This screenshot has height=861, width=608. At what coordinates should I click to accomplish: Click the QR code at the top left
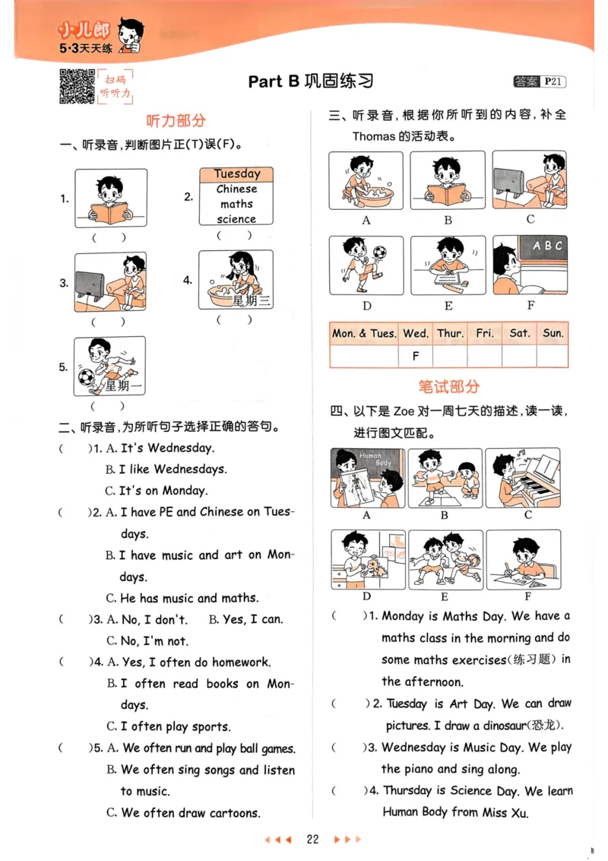click(x=76, y=85)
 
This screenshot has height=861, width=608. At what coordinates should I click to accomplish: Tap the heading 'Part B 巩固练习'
click(x=311, y=81)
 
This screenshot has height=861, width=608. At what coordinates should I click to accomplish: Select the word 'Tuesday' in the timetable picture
click(x=236, y=174)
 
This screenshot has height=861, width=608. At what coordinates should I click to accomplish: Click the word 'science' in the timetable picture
click(x=236, y=219)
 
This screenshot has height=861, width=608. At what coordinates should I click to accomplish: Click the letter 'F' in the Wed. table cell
click(x=416, y=355)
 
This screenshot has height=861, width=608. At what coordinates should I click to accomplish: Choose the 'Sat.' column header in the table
click(x=520, y=333)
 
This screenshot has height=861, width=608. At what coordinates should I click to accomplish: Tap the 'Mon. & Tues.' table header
click(x=364, y=333)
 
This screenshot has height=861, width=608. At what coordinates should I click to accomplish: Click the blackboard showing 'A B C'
click(x=547, y=246)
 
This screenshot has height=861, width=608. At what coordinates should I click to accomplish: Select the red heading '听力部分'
click(x=176, y=121)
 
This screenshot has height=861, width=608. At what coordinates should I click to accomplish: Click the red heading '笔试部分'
click(x=449, y=386)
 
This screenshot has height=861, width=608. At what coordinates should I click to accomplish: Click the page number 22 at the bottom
click(x=312, y=840)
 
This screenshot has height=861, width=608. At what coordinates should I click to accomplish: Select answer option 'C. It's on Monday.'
click(x=157, y=491)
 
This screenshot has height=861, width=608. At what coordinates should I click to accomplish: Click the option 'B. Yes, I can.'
click(x=245, y=619)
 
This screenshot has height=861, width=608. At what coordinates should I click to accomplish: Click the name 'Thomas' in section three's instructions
click(x=373, y=137)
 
